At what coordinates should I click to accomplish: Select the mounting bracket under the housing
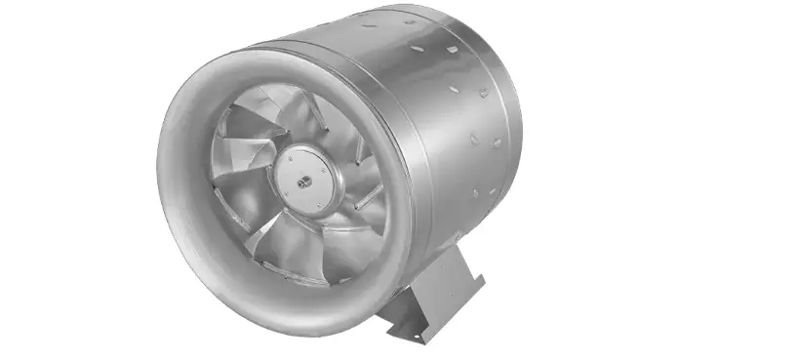point(438,293)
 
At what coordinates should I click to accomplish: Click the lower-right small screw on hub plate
point(317,186)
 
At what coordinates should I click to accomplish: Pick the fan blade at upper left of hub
point(244,137)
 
